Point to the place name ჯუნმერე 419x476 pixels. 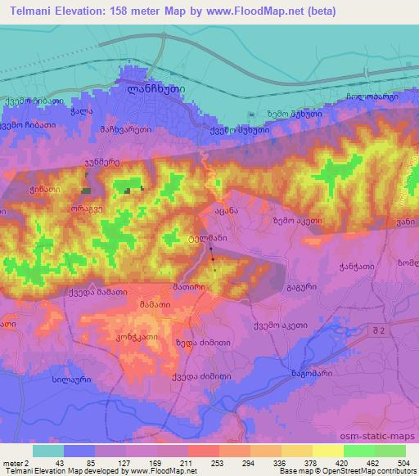click(102, 162)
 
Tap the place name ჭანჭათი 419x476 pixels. click(355, 267)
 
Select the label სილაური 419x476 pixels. click(50, 382)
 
